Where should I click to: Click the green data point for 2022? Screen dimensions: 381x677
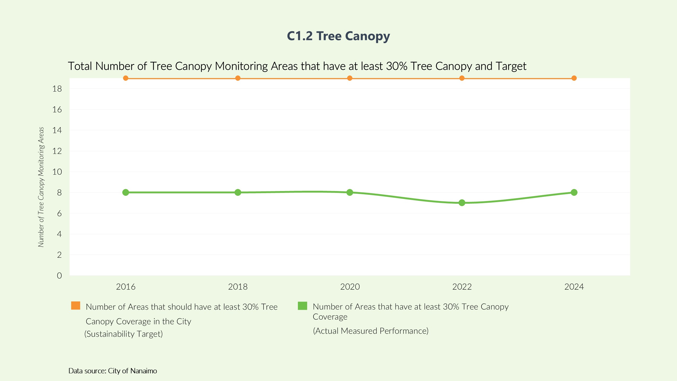(x=462, y=203)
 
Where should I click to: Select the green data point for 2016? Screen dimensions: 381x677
(x=126, y=192)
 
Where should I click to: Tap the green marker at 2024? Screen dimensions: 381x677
(x=574, y=192)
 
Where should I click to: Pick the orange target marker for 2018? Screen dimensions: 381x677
(x=238, y=78)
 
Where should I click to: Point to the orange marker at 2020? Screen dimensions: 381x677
(x=349, y=78)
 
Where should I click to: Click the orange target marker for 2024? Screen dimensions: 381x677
(x=574, y=78)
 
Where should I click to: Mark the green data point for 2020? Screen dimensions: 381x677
(x=349, y=192)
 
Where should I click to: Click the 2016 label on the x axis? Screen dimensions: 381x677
(x=126, y=287)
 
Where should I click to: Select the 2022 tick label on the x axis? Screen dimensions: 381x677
(x=462, y=287)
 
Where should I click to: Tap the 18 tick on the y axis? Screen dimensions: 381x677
(x=57, y=89)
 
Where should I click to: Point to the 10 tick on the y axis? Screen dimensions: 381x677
(x=57, y=172)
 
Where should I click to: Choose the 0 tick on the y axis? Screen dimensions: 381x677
(x=59, y=276)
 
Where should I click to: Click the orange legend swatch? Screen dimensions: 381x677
(x=76, y=306)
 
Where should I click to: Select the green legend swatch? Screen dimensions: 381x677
(x=302, y=306)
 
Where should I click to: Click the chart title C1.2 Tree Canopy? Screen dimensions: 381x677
(x=338, y=36)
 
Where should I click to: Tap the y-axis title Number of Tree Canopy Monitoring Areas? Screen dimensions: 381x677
(x=41, y=187)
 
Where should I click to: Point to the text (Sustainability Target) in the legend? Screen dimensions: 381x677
(x=124, y=334)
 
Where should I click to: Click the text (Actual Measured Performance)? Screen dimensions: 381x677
(x=371, y=331)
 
